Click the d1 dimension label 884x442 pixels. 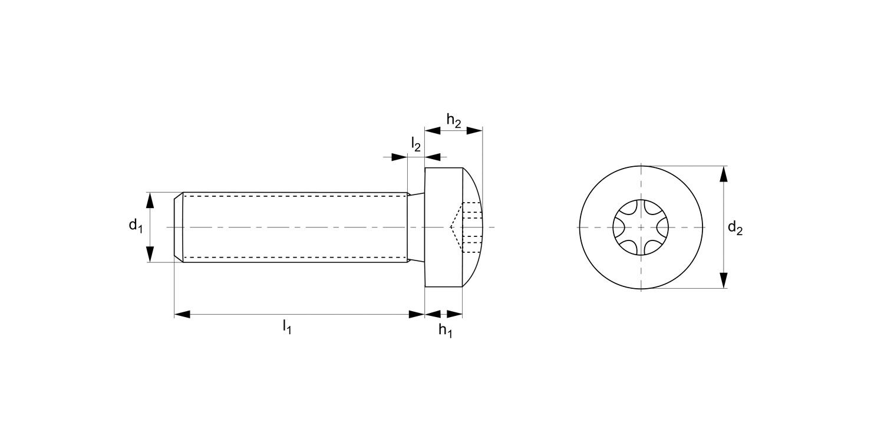click(136, 225)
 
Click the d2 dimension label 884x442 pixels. click(735, 227)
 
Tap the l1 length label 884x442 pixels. click(287, 326)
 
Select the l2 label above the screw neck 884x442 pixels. click(416, 143)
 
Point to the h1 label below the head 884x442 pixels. click(445, 331)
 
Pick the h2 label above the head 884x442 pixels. click(453, 120)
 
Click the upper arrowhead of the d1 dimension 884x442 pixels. click(150, 200)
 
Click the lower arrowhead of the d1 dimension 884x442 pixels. click(150, 253)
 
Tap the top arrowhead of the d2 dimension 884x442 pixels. click(724, 174)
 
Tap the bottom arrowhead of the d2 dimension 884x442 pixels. click(724, 280)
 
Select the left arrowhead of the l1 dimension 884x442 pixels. click(182, 314)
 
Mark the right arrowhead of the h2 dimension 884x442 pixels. click(474, 130)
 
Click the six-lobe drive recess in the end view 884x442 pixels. click(641, 227)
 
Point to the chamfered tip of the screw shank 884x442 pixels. click(179, 227)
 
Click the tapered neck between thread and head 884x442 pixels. click(416, 227)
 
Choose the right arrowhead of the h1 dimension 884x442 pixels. click(454, 314)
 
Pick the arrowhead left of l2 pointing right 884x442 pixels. click(400, 157)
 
